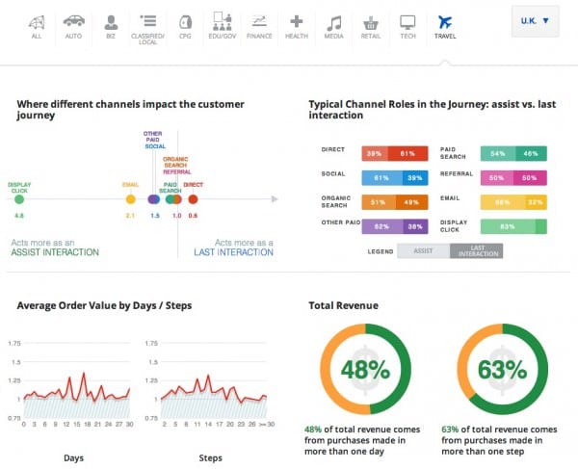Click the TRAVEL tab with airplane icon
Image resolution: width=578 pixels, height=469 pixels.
coord(444,26)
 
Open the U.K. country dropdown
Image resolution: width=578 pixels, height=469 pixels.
coord(534,20)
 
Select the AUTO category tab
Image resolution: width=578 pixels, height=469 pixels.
coord(73,26)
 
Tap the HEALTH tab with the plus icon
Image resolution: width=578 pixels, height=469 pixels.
coord(297,26)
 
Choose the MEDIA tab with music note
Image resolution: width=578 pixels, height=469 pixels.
coord(333,26)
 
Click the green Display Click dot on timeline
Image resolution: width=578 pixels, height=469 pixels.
coord(19,199)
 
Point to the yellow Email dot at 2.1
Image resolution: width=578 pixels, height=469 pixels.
coord(130,199)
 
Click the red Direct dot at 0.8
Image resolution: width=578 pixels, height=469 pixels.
coord(193,199)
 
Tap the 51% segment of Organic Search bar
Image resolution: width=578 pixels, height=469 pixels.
coord(376,202)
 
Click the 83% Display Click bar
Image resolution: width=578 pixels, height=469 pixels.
coord(507,226)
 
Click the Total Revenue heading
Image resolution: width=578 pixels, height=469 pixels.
coord(343,305)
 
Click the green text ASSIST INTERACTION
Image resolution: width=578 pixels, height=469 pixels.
coord(55,251)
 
